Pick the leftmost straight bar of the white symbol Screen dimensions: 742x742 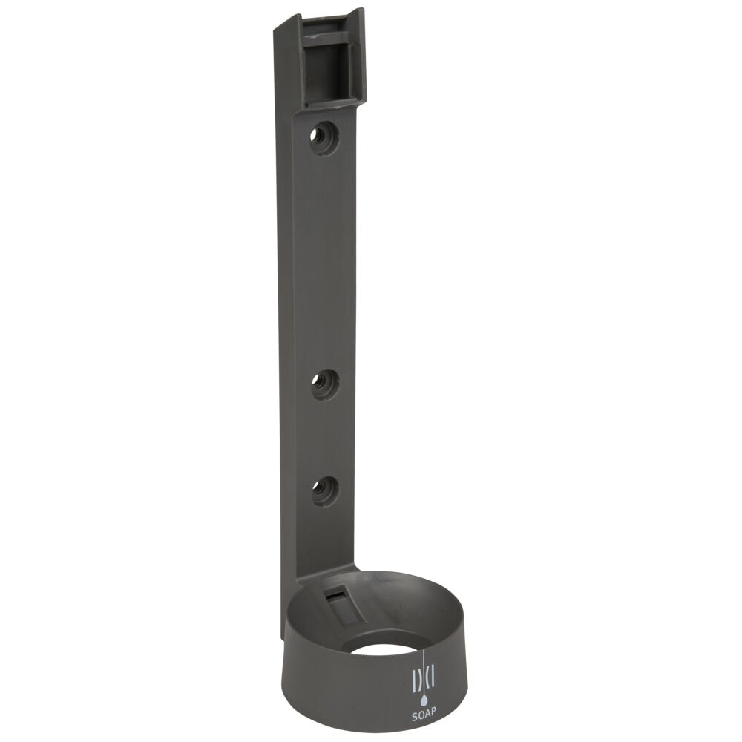(413, 682)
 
